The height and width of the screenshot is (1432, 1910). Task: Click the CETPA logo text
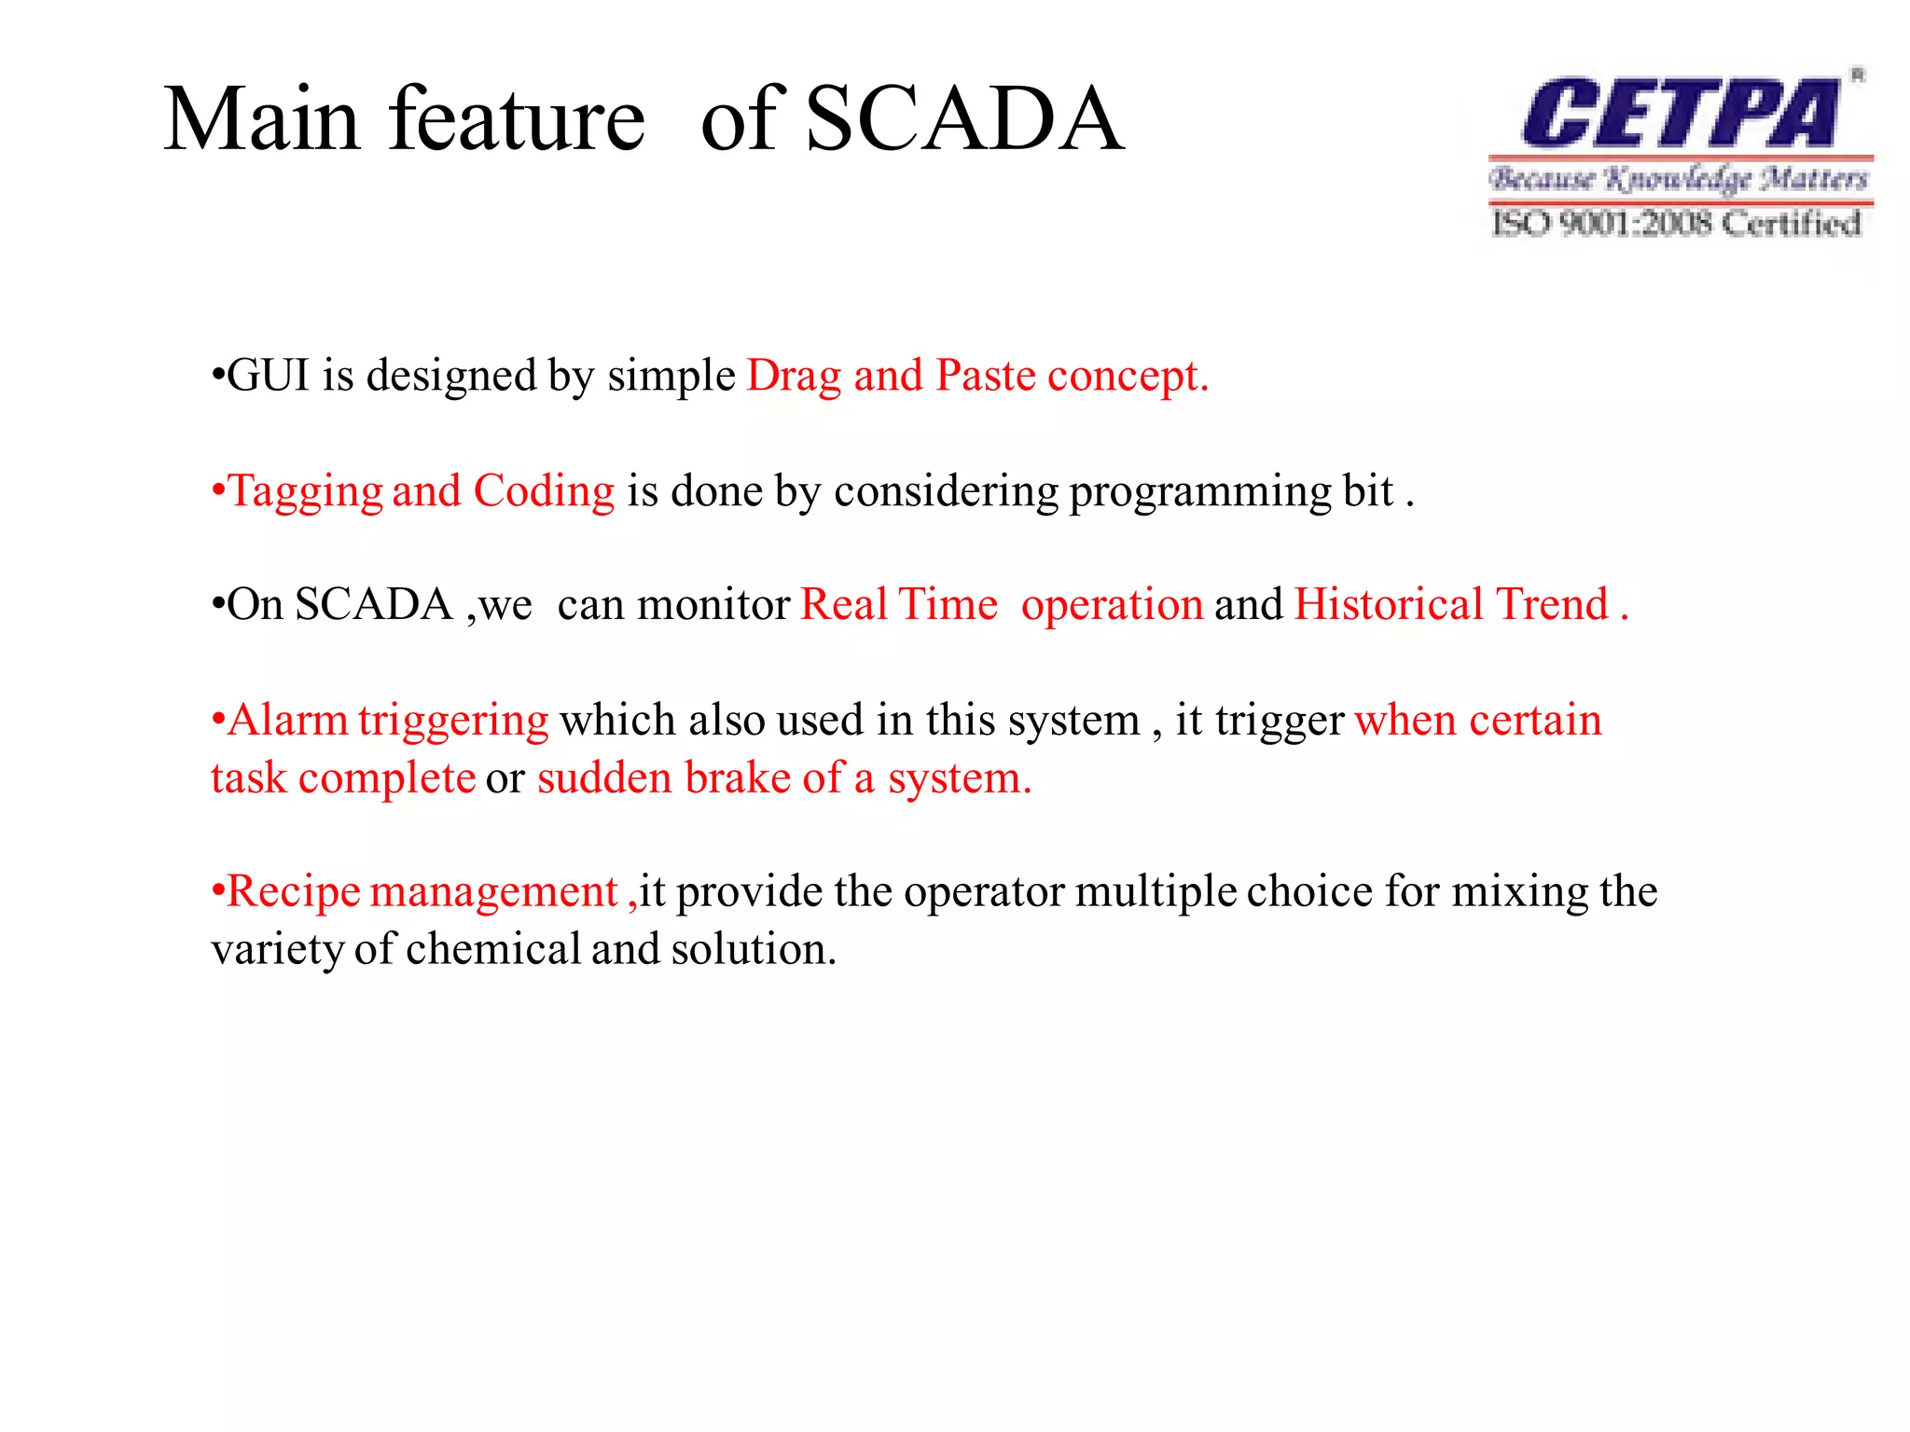tap(1679, 114)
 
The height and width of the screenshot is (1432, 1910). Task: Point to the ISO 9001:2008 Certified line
tap(1676, 224)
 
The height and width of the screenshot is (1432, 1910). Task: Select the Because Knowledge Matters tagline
tap(1678, 178)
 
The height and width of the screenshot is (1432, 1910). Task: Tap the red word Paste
tap(985, 376)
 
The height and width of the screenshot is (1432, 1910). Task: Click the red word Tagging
tap(306, 492)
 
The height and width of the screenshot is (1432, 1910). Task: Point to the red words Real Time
tap(899, 604)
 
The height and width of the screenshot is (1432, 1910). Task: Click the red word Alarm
tap(287, 720)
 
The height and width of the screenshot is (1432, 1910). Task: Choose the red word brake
tap(737, 778)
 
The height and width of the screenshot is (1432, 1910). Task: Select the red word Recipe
tap(294, 892)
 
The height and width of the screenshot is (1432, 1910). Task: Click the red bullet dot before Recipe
tap(218, 892)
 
